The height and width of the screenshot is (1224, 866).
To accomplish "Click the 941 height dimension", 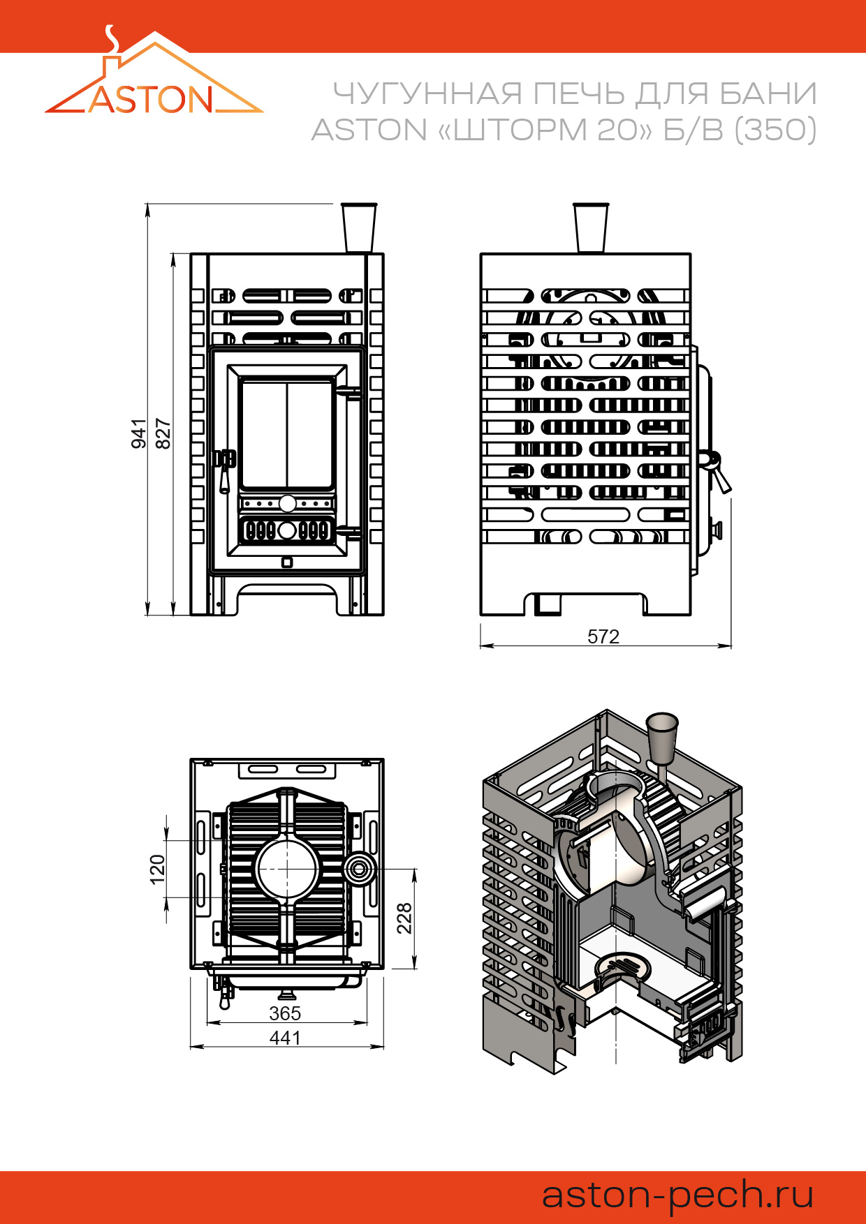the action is click(x=139, y=433).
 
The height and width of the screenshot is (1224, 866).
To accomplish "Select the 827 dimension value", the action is click(x=162, y=433).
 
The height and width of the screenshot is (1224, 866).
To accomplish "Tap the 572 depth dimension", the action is click(x=603, y=636).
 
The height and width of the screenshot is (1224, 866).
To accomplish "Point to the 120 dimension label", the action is click(x=158, y=870).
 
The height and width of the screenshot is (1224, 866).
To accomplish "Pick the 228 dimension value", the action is click(x=404, y=918).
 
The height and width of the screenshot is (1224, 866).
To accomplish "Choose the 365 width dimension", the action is click(x=285, y=1013).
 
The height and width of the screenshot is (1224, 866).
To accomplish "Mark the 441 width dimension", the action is click(x=285, y=1038).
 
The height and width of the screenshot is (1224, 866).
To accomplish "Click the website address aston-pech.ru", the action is click(x=677, y=1195).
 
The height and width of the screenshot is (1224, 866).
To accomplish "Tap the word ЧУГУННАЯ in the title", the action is click(x=427, y=94).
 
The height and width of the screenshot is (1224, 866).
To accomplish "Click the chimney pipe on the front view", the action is click(x=359, y=227).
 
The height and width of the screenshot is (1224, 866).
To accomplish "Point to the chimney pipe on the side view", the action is click(x=591, y=227).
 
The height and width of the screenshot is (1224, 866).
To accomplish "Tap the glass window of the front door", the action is click(x=286, y=433).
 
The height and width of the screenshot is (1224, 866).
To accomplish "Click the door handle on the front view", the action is click(x=224, y=469).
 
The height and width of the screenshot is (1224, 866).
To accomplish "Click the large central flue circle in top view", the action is click(x=287, y=869).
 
